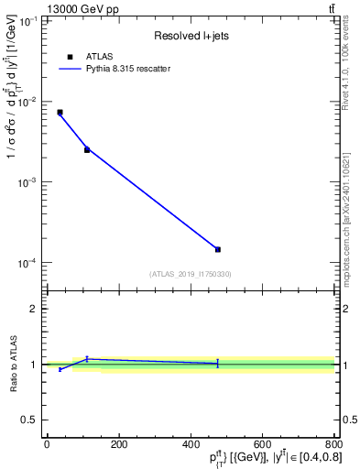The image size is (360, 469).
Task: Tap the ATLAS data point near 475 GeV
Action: coord(218,249)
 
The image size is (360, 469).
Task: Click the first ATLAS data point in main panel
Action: coord(60,113)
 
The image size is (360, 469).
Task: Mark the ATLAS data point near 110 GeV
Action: coord(87,149)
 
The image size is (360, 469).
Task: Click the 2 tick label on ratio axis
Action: coord(33,310)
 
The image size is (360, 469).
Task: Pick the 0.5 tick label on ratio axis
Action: coord(29,420)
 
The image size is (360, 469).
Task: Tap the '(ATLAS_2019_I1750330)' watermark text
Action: coord(190,273)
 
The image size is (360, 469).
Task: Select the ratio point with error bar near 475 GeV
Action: coord(218,364)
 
